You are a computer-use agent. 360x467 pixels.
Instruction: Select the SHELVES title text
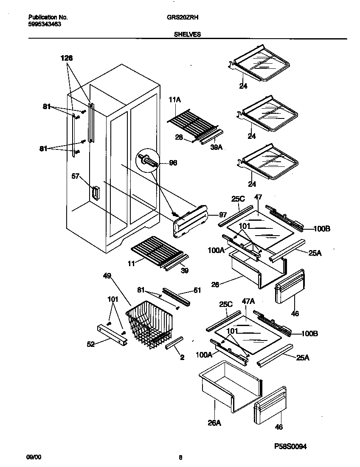point(187,35)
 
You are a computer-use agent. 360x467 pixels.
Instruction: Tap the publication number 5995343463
point(44,24)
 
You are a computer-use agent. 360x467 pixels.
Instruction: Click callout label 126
point(66,59)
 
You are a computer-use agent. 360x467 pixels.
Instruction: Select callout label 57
point(76,176)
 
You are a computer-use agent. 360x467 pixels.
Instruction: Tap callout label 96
point(173,163)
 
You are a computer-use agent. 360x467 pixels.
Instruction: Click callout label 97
point(223,215)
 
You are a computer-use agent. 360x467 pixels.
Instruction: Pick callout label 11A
point(175,100)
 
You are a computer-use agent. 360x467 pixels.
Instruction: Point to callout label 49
point(107,276)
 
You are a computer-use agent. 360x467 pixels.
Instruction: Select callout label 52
point(90,344)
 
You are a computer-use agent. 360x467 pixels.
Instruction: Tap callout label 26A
point(214,423)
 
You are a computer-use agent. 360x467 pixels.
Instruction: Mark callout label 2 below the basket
point(182,357)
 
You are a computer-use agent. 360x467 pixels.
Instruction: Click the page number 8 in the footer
point(180,457)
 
